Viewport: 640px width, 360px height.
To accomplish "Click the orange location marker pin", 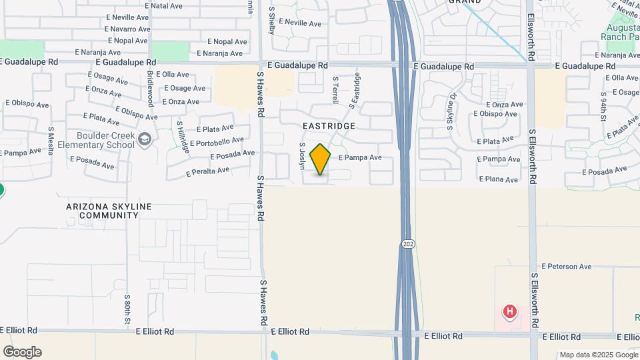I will [320, 159].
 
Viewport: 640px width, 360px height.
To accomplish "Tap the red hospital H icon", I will [509, 311].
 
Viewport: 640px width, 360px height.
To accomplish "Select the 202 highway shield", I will [409, 245].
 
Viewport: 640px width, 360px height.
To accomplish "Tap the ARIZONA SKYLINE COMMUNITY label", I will [109, 211].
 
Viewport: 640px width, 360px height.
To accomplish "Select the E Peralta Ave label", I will [208, 171].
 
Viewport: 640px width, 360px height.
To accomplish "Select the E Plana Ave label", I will [497, 179].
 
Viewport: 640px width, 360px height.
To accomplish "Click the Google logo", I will [22, 351].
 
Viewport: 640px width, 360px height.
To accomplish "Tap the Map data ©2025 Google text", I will [598, 355].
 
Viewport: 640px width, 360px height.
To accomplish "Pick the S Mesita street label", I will [51, 140].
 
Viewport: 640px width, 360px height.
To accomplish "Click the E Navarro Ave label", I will [128, 29].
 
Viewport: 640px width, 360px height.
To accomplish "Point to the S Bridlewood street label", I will [151, 89].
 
